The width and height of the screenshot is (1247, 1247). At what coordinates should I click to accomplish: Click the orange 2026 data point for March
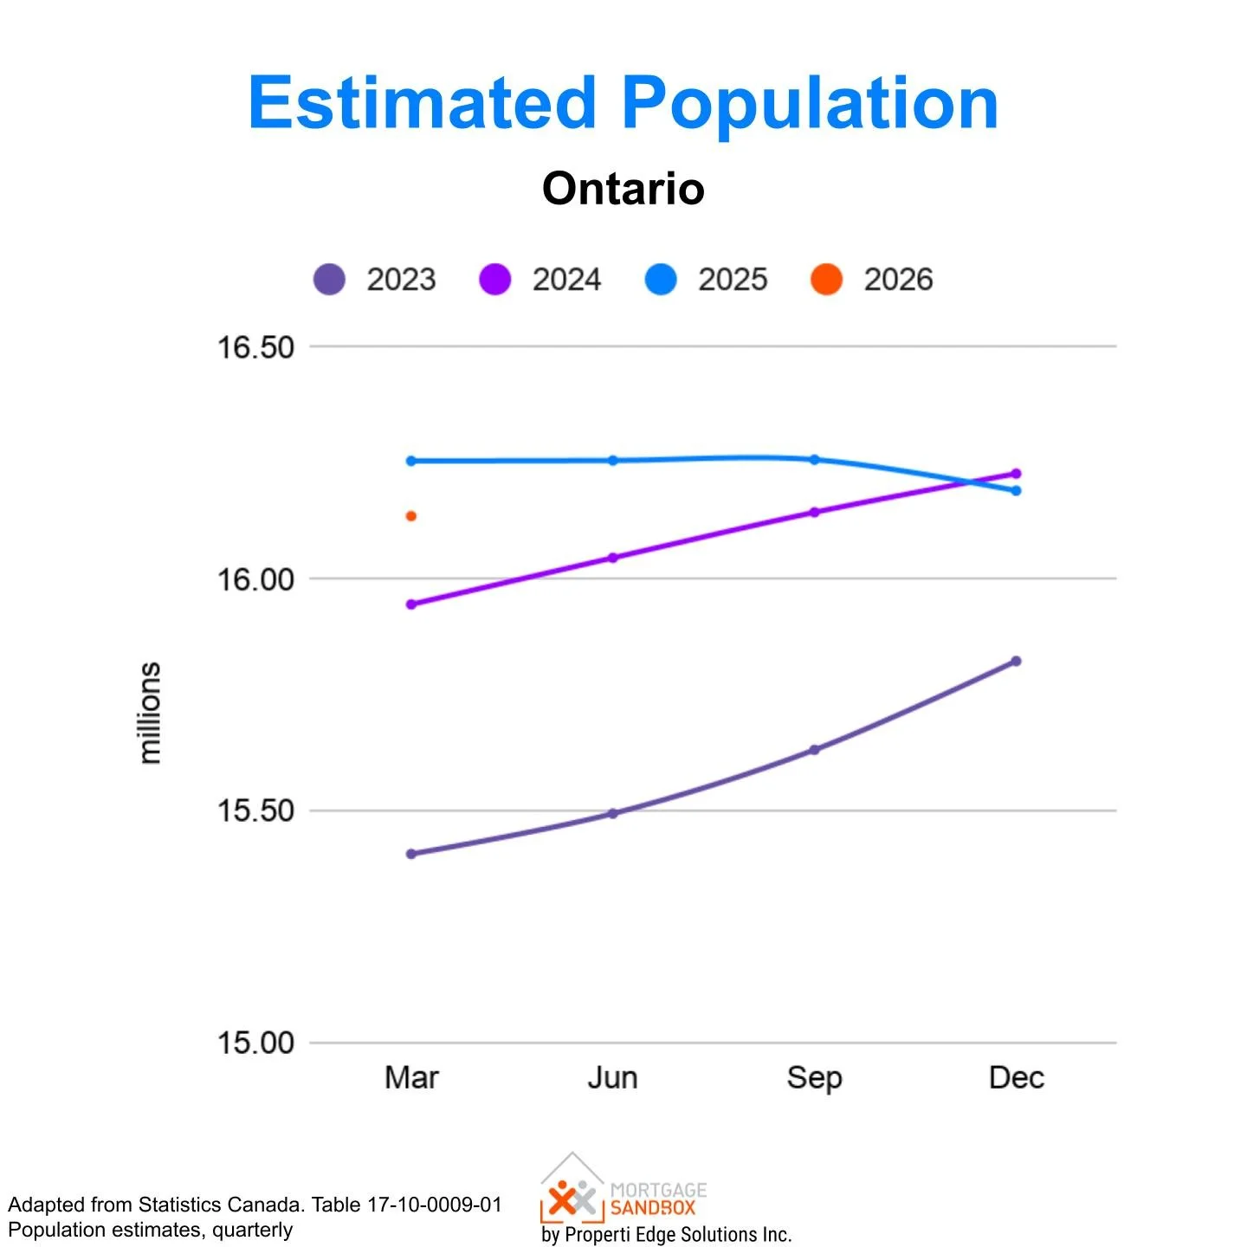coord(411,516)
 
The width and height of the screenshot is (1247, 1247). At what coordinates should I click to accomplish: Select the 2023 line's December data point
coord(1016,662)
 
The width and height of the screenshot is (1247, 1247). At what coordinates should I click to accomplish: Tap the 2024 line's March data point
coord(411,604)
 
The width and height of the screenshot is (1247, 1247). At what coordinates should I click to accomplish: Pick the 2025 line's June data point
coord(613,461)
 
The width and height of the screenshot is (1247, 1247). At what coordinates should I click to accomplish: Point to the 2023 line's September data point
coord(814,750)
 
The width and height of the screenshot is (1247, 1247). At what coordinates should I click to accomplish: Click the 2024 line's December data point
coord(1016,474)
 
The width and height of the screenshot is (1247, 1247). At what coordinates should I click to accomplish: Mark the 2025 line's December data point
coord(1016,491)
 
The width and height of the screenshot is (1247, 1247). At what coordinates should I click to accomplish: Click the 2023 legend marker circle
coord(329,280)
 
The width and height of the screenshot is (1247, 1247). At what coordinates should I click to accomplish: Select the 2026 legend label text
coord(898,280)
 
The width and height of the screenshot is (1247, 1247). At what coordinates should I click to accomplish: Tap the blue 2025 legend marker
coord(661,280)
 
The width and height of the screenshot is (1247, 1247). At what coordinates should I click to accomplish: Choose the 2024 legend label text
coord(566,280)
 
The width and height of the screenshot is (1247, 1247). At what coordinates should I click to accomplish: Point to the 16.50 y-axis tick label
coord(255,347)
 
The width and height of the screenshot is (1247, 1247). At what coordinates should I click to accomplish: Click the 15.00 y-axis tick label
coord(255,1043)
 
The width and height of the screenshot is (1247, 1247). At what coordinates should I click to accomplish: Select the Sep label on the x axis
coord(814,1078)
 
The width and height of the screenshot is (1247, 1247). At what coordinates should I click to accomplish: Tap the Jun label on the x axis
coord(613,1078)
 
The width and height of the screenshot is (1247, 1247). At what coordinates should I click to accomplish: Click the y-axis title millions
coord(150,713)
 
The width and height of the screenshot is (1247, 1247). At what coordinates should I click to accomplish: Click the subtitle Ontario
coord(623,188)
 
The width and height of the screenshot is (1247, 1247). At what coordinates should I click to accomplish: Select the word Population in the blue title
coord(810,103)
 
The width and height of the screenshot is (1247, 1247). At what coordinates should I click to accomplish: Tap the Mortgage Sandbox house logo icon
coord(572,1188)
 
